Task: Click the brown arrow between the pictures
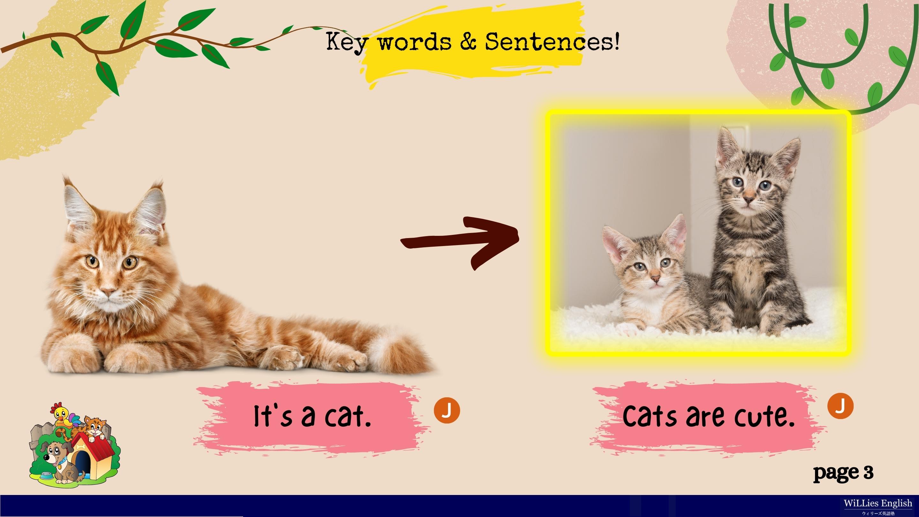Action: click(460, 243)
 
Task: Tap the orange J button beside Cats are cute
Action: click(840, 406)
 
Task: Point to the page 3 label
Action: click(843, 473)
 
